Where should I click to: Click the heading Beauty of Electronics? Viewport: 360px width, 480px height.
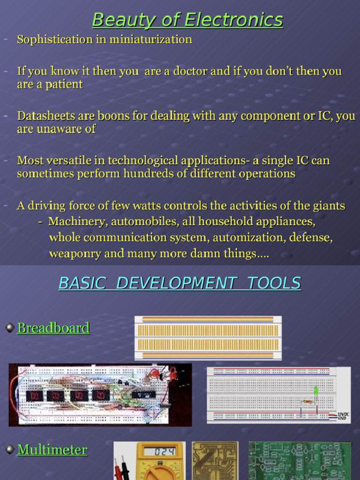[187, 20]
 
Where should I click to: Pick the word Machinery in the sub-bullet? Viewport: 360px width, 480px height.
[76, 221]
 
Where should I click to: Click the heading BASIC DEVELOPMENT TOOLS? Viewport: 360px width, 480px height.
[180, 283]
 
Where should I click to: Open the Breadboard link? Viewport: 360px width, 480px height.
[53, 328]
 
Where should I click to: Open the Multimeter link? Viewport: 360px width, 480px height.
[52, 450]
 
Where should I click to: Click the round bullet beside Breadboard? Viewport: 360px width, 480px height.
[10, 328]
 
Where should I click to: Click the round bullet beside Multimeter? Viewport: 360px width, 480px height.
[10, 450]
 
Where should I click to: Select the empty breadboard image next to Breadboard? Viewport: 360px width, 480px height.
[208, 337]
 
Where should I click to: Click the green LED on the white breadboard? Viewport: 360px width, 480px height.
[316, 390]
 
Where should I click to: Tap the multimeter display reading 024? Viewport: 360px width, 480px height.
[159, 452]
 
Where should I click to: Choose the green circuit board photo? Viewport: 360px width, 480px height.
[300, 460]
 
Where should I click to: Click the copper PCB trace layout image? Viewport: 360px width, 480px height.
[215, 460]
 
